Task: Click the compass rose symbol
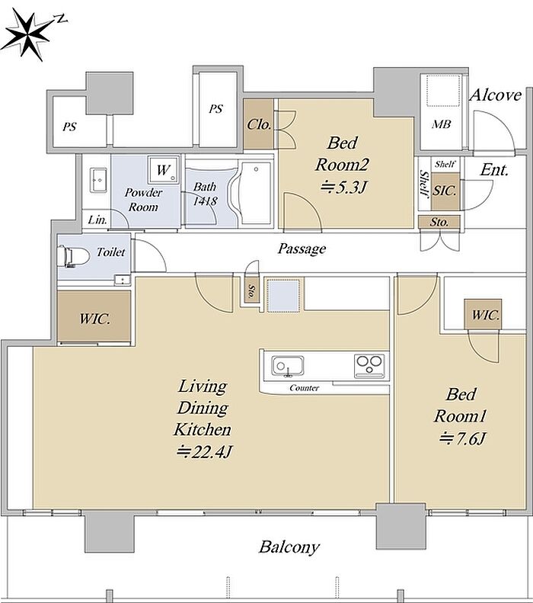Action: click(x=29, y=34)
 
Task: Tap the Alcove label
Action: click(x=496, y=95)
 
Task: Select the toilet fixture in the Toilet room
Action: click(x=72, y=255)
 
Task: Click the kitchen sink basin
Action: click(x=288, y=365)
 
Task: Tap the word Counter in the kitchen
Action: click(x=304, y=387)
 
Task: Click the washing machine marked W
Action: click(x=164, y=169)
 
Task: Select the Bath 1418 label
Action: click(x=205, y=194)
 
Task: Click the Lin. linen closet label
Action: click(x=97, y=220)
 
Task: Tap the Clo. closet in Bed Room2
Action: click(x=259, y=124)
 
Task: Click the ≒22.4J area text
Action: click(x=204, y=451)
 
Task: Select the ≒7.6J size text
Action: click(x=463, y=438)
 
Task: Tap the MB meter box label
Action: click(x=441, y=124)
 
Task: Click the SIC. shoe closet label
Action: click(x=445, y=191)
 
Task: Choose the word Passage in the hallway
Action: click(x=302, y=249)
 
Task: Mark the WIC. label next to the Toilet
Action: click(x=94, y=319)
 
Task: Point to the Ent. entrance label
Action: click(x=494, y=169)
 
